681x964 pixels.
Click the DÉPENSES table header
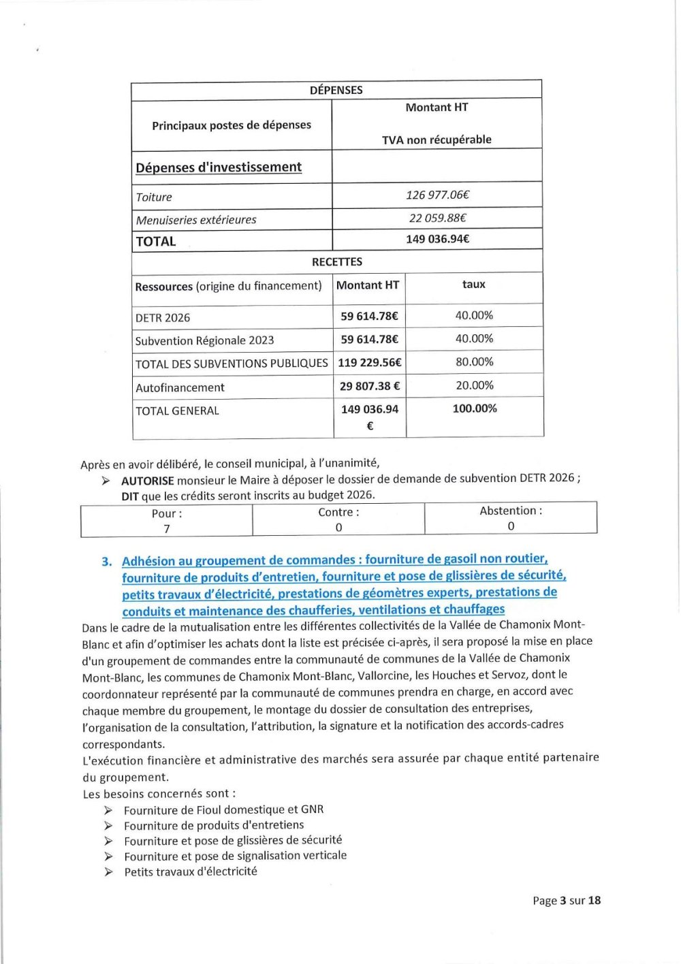click(336, 90)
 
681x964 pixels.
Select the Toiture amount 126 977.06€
click(437, 195)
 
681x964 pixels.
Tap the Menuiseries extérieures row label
click(196, 220)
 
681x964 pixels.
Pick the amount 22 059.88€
click(437, 218)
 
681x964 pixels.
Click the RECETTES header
click(337, 261)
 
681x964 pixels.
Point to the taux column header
click(474, 285)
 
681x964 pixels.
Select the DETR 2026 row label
click(163, 317)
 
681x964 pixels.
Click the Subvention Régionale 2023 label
click(204, 340)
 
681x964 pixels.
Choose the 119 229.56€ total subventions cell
click(370, 362)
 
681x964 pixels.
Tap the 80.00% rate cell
click(475, 361)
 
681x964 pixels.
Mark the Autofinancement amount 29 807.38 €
click(370, 386)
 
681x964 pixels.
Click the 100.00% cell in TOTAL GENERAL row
click(475, 408)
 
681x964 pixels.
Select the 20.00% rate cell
click(475, 385)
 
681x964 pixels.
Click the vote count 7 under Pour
click(167, 529)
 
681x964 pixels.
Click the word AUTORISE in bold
click(147, 481)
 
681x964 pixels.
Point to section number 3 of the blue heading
click(106, 562)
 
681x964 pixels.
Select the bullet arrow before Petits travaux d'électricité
click(108, 872)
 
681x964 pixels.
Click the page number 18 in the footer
click(594, 900)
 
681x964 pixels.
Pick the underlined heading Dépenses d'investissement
click(219, 167)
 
